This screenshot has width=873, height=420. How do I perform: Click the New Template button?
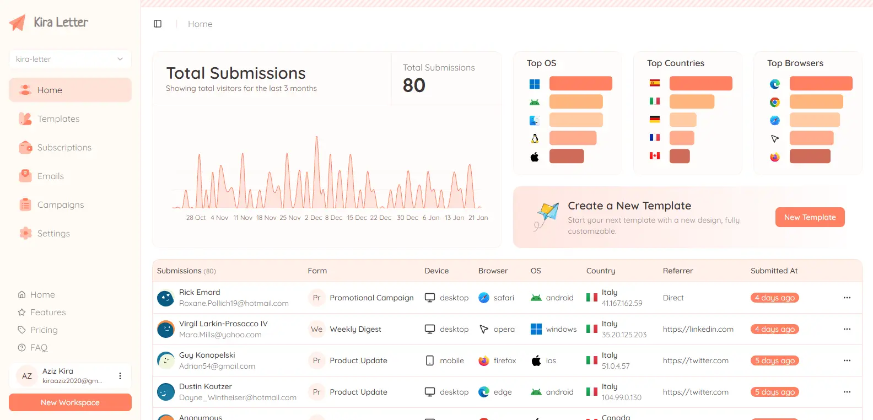pyautogui.click(x=810, y=217)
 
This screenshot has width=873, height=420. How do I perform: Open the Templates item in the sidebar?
pyautogui.click(x=58, y=119)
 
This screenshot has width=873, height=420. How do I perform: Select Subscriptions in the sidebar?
pyautogui.click(x=64, y=148)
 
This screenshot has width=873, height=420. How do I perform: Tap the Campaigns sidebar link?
pyautogui.click(x=61, y=205)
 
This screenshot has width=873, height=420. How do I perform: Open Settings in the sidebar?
pyautogui.click(x=53, y=233)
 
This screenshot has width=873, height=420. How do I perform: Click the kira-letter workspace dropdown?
pyautogui.click(x=70, y=59)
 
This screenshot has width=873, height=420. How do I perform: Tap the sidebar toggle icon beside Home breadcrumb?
pyautogui.click(x=158, y=24)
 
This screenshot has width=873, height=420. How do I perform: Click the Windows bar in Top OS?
pyautogui.click(x=581, y=83)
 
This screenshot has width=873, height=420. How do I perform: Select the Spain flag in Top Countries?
pyautogui.click(x=655, y=83)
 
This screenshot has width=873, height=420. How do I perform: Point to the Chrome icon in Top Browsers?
pyautogui.click(x=775, y=102)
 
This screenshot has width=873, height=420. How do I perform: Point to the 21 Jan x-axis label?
pyautogui.click(x=478, y=218)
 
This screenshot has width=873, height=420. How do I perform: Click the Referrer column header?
pyautogui.click(x=678, y=271)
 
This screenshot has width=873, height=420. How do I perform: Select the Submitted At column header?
pyautogui.click(x=774, y=271)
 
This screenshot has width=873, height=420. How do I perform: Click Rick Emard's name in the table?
pyautogui.click(x=200, y=292)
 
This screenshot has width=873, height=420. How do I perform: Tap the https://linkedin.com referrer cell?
pyautogui.click(x=698, y=329)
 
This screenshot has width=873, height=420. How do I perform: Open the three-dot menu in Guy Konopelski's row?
pyautogui.click(x=847, y=360)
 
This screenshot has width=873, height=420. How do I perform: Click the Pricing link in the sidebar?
pyautogui.click(x=44, y=330)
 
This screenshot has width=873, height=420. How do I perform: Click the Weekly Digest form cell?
pyautogui.click(x=355, y=329)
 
